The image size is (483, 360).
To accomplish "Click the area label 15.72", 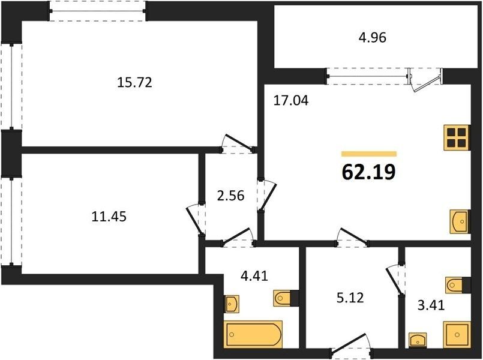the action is pos(134,83).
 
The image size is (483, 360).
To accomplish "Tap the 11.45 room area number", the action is pos(109,217).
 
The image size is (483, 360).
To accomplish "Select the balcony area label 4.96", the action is pos(373,38).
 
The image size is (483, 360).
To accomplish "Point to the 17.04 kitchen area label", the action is pos(291,101).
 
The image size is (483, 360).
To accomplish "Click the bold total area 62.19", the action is pos(368,172).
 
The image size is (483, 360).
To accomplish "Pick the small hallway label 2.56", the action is pos(230,196).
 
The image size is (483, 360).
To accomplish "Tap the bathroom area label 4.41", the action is pos(254,276).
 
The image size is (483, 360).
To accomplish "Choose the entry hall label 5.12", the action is pos(350,298).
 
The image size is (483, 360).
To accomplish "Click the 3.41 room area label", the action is pos(431,305).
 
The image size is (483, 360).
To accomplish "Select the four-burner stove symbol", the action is pos(457,137).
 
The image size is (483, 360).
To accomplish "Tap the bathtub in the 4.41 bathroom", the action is pos(253,335).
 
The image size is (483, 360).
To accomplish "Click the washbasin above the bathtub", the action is pos(232,304).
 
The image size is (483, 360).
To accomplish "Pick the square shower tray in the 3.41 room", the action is pos(457,335).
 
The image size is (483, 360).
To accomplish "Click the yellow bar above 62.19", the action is pos(369,154).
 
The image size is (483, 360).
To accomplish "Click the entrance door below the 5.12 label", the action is pos(351,347).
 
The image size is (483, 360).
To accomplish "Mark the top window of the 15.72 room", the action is pos(97,11).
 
